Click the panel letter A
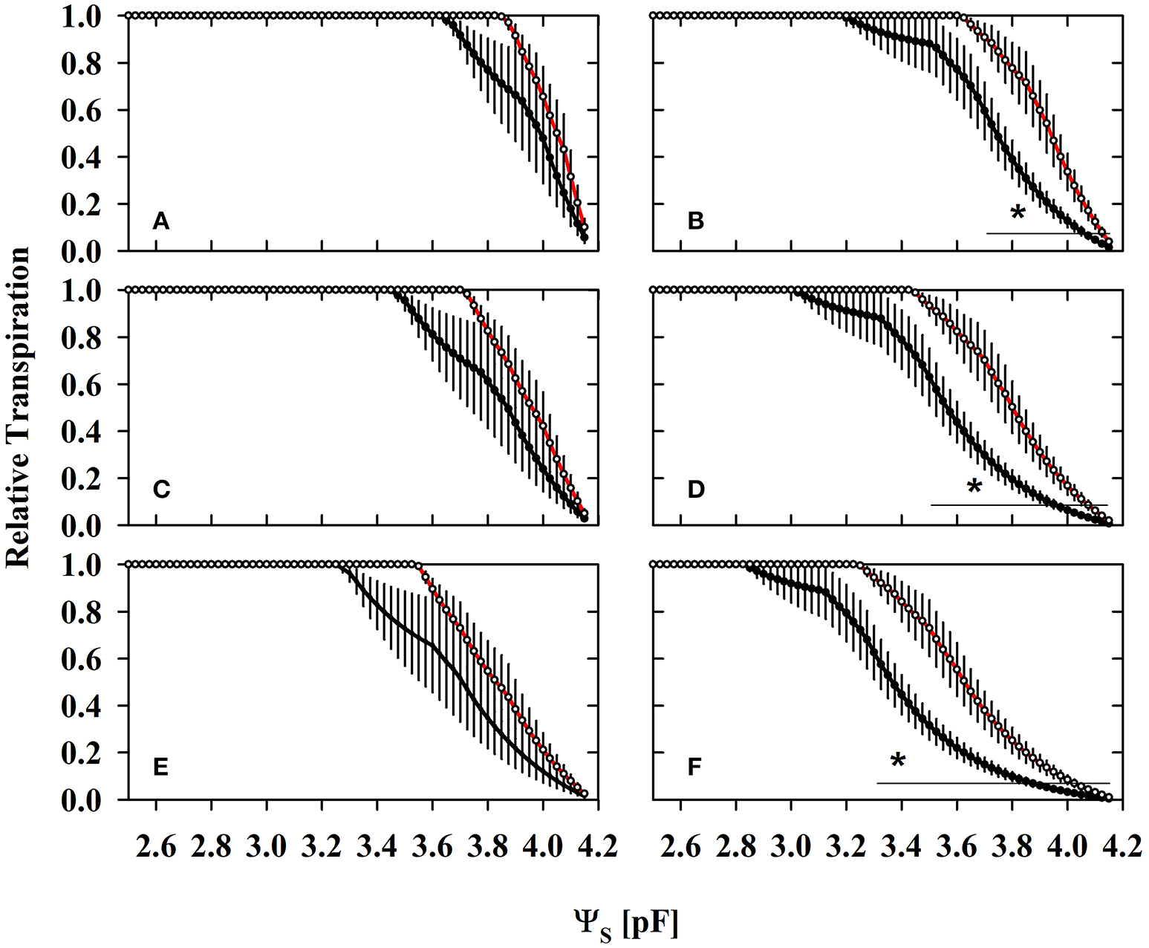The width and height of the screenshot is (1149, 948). [161, 221]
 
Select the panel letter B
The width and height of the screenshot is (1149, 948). [695, 221]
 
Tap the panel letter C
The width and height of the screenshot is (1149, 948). [162, 490]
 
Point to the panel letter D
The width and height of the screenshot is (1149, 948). [696, 490]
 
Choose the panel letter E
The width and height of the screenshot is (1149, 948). [161, 766]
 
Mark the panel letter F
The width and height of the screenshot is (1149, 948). [694, 766]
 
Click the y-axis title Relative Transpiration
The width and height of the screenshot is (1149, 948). [18, 406]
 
